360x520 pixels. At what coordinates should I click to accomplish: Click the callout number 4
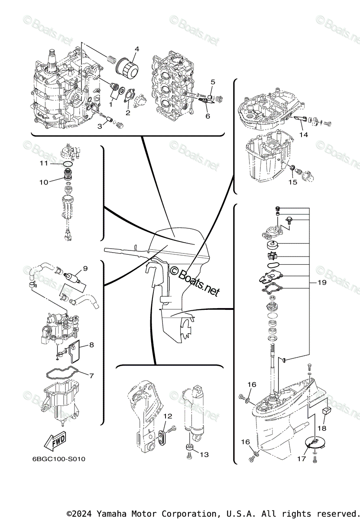coord(136,49)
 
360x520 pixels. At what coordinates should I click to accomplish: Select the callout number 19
coord(321,283)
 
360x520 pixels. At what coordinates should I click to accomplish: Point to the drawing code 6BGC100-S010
coord(58,459)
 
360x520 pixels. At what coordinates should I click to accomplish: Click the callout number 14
coord(303,134)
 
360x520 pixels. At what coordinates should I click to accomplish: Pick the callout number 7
coord(91,375)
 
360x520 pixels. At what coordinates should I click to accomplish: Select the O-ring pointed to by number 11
coord(67,164)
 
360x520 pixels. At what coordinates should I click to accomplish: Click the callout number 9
coord(85,269)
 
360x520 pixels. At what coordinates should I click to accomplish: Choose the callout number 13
coord(204,454)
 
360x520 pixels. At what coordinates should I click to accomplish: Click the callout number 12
coord(168,416)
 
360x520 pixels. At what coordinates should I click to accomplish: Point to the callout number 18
coord(321,428)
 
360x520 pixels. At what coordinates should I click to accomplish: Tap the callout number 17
coord(300,458)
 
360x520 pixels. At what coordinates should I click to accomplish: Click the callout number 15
coord(293,182)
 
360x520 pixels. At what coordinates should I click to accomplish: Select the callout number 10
coord(43,182)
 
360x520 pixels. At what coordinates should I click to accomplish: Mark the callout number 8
coord(91,345)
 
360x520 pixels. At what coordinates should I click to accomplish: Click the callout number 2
coord(128,113)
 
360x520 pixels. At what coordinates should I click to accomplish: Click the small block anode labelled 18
coord(327,409)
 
